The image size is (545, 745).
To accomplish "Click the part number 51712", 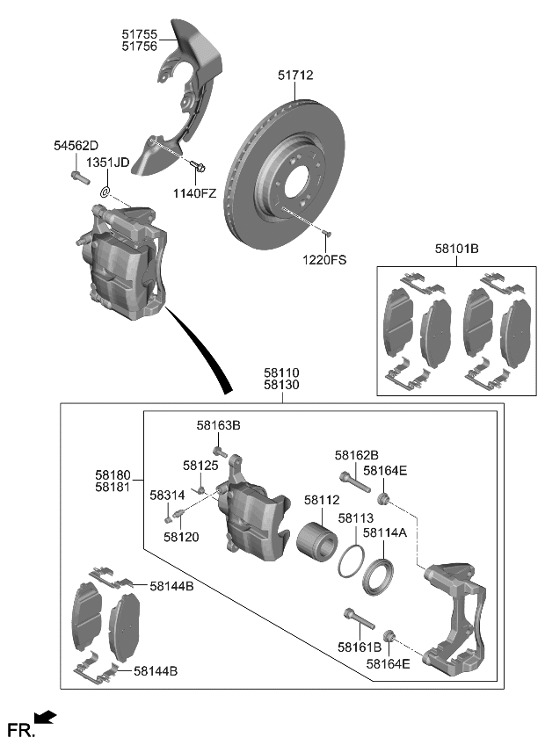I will click(x=295, y=76).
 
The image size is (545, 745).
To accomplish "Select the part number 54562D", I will click(x=76, y=145).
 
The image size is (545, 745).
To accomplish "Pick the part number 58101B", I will click(x=456, y=250).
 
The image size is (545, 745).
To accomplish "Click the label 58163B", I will click(x=218, y=425).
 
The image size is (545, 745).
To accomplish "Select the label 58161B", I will click(x=360, y=647).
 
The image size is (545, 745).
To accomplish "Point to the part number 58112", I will click(x=321, y=500).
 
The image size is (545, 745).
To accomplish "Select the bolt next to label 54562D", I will click(x=77, y=177).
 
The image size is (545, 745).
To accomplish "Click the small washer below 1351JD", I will click(x=104, y=192).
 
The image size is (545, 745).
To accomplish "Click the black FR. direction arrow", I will click(x=47, y=719).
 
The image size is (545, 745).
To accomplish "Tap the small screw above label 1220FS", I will click(x=326, y=233).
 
